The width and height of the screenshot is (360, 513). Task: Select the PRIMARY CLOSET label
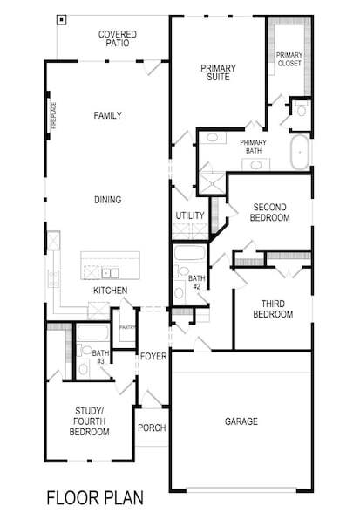pyautogui.click(x=289, y=59)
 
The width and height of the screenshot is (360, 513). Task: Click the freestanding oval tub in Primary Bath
pyautogui.click(x=299, y=153)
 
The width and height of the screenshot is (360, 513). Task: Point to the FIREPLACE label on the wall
pyautogui.click(x=53, y=115)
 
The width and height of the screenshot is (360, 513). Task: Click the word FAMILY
pyautogui.click(x=107, y=115)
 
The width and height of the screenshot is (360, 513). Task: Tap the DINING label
pyautogui.click(x=107, y=200)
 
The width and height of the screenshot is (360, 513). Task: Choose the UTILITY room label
pyautogui.click(x=189, y=215)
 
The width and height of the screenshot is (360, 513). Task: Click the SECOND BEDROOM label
pyautogui.click(x=270, y=212)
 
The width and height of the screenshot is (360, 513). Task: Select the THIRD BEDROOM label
pyautogui.click(x=272, y=309)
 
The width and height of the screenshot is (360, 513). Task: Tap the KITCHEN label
pyautogui.click(x=111, y=291)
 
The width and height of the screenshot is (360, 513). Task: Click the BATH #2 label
pyautogui.click(x=196, y=282)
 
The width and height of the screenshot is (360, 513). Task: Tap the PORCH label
pyautogui.click(x=152, y=428)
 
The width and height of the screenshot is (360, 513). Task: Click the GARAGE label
pyautogui.click(x=241, y=421)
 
